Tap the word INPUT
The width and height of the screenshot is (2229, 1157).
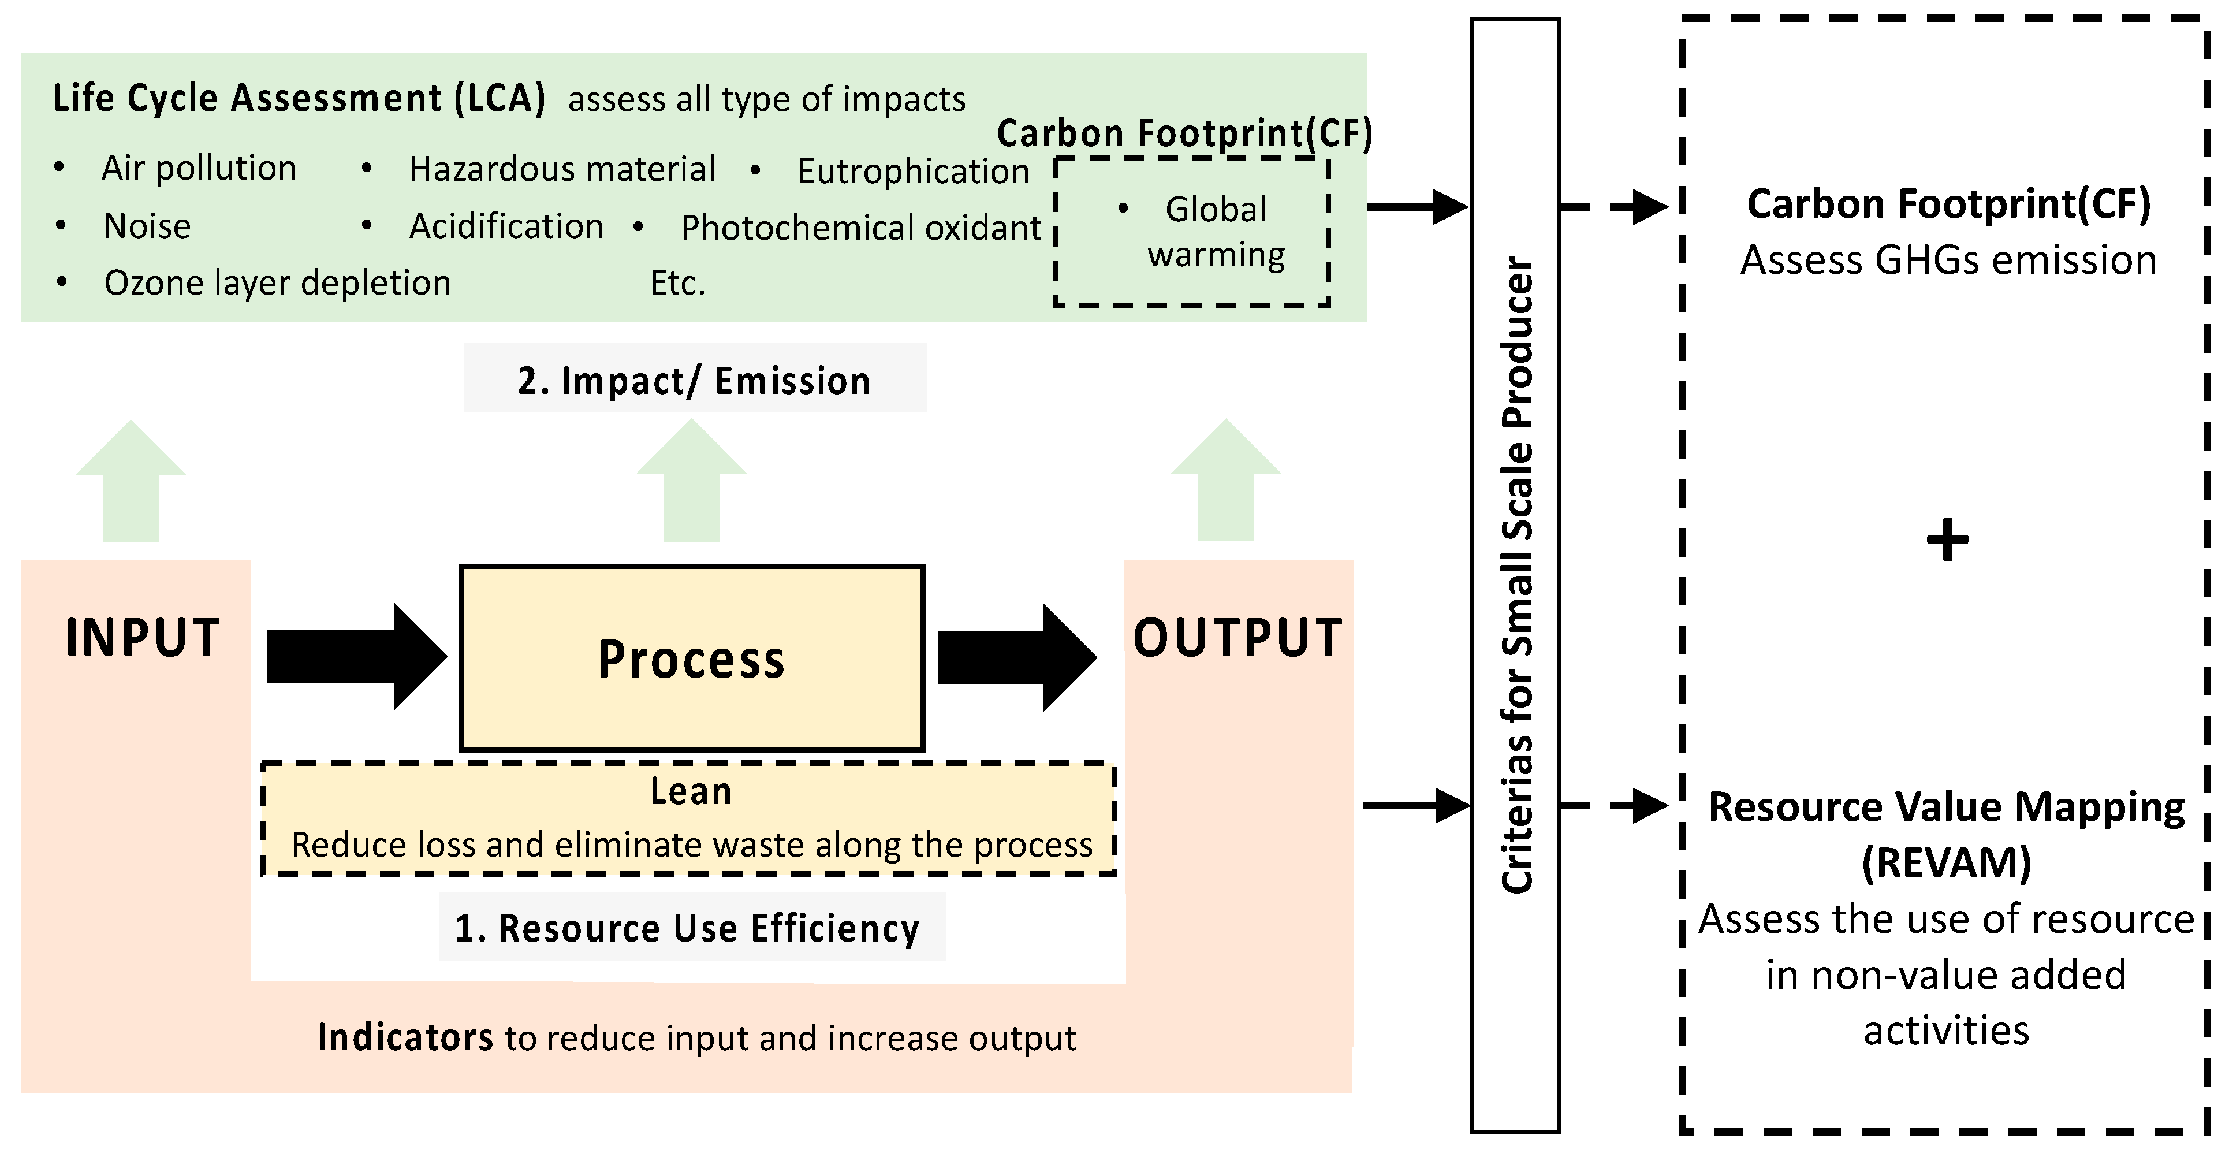tap(143, 639)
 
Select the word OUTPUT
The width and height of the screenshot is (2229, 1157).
tap(1237, 639)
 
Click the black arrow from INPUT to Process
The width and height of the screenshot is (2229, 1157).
tap(355, 657)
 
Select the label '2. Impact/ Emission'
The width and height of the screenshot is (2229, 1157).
tap(694, 381)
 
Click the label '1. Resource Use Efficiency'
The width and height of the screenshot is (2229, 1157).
tap(688, 928)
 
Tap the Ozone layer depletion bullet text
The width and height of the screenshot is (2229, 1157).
tap(277, 283)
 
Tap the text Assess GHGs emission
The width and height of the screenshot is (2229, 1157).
tap(1948, 261)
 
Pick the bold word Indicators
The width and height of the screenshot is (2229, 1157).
tap(405, 1037)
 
